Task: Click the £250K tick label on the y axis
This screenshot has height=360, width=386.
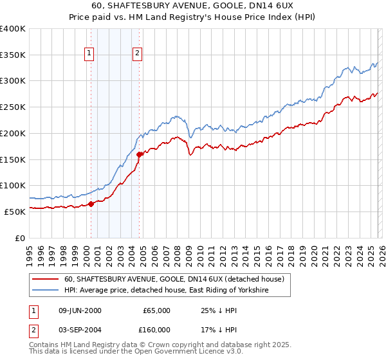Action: [13, 107]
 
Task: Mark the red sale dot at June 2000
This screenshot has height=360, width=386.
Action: [91, 204]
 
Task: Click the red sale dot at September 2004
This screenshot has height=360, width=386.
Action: [140, 154]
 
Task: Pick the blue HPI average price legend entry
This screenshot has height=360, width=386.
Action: [165, 291]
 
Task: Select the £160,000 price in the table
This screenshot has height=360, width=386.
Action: [156, 329]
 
